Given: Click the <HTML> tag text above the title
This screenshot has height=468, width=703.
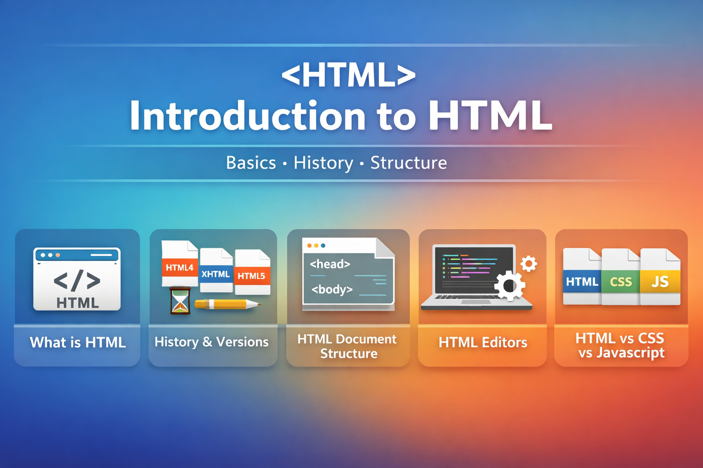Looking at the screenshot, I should pos(348,76).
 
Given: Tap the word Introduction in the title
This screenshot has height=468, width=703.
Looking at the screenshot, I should pos(248,116).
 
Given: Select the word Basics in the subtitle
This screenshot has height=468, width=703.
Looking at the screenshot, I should pos(251,163).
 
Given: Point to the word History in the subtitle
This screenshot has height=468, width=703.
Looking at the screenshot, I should pos(323,163).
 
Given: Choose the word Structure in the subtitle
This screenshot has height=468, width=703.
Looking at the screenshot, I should pos(408,163).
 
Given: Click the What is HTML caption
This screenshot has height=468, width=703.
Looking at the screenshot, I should pos(78,342).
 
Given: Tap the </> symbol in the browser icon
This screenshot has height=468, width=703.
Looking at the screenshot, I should pos(77,280).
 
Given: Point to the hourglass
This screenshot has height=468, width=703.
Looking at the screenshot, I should pos(180,301).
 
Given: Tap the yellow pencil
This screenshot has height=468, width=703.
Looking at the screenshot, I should pos(227,304).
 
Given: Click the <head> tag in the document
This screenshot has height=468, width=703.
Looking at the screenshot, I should pos(330,264).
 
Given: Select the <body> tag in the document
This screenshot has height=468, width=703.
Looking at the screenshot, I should pos(332,289).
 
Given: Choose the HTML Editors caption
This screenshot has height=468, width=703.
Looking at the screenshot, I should pos(483,342).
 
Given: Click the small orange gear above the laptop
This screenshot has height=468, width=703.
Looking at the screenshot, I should pos(529,263).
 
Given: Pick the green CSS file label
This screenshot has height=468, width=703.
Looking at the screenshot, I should pos(621,282).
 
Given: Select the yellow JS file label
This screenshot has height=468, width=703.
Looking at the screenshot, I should pos(660,282).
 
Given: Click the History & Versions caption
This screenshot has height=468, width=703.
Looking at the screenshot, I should pos(211,342).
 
